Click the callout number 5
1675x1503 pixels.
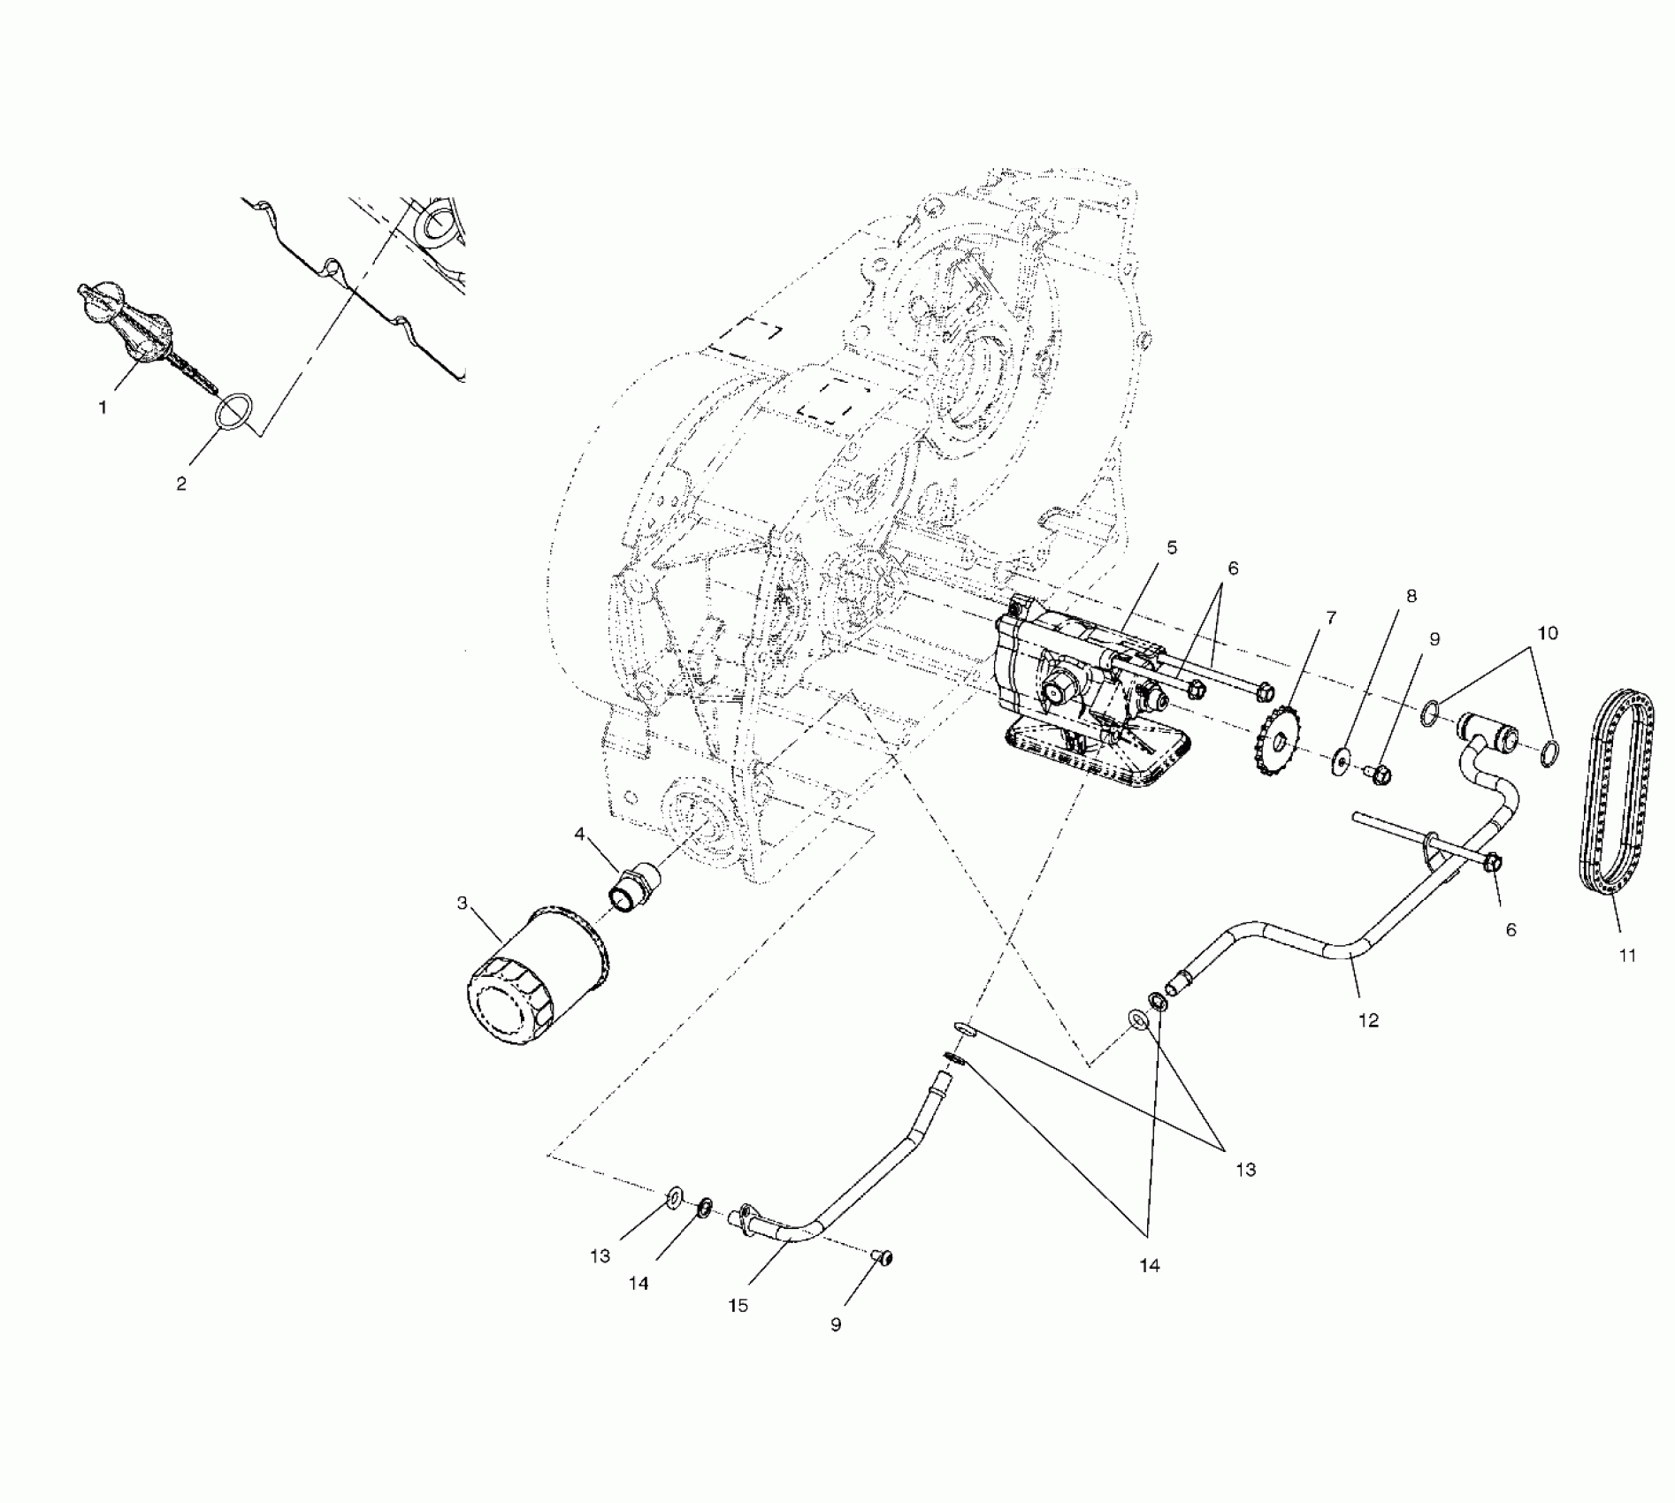(1172, 548)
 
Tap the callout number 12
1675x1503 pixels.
(1368, 1020)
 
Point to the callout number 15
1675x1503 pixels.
(738, 1305)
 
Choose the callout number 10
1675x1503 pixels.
(1548, 633)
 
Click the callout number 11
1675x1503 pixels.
(1627, 955)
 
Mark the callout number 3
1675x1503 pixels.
(462, 903)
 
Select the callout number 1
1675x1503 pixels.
(103, 408)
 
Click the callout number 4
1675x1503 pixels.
(580, 834)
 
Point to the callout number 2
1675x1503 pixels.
(181, 484)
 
